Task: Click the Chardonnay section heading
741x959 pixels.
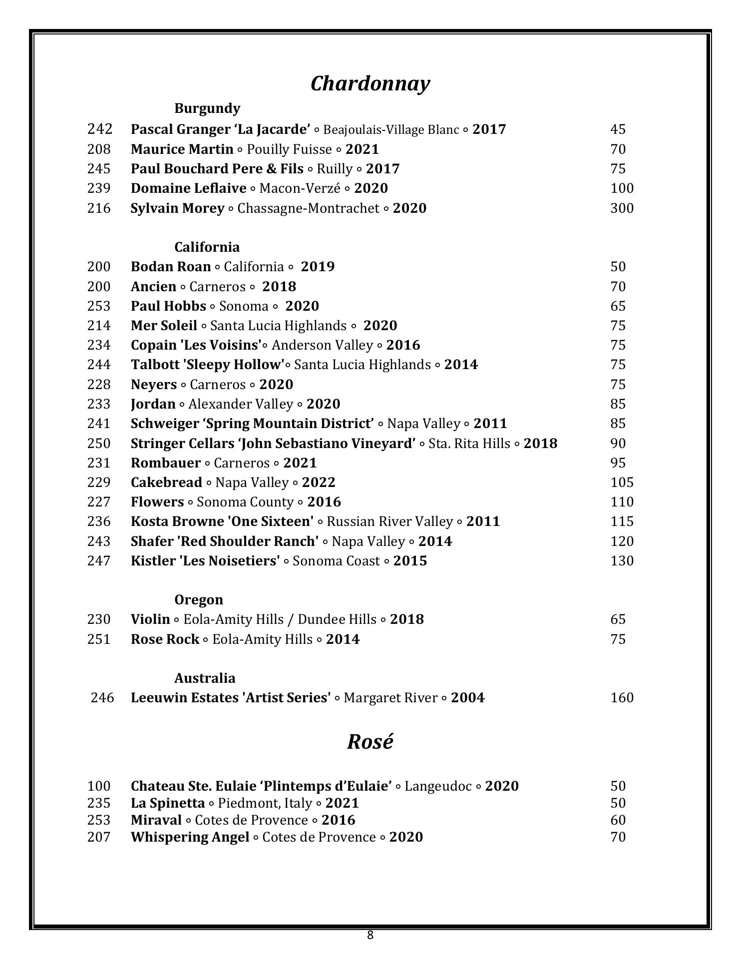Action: coord(370,83)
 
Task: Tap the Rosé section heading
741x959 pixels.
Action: coord(370,741)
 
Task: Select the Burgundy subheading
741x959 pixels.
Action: coord(207,108)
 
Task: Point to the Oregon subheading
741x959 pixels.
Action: coord(199,599)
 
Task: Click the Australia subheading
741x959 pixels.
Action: coord(205,678)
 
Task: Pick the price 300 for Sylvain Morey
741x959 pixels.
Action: coord(622,208)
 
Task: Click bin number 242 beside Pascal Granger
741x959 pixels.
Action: coord(100,129)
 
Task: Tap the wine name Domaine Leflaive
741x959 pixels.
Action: coord(188,188)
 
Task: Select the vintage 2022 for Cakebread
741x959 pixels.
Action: coord(319,482)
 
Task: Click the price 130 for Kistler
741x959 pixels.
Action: coord(622,560)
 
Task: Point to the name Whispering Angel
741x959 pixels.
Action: coord(190,837)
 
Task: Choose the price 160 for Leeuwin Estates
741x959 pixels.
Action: coord(622,697)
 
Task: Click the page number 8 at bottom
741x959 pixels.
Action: coord(370,935)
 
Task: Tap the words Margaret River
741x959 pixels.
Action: coord(390,697)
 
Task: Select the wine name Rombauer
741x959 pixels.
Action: coord(166,463)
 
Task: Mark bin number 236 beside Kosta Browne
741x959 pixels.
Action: coord(99,521)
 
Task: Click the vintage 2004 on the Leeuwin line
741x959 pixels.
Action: coord(467,697)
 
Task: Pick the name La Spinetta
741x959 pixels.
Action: coord(168,803)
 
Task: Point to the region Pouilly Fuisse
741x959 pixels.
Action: coord(289,149)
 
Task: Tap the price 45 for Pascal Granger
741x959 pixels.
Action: coord(618,129)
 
